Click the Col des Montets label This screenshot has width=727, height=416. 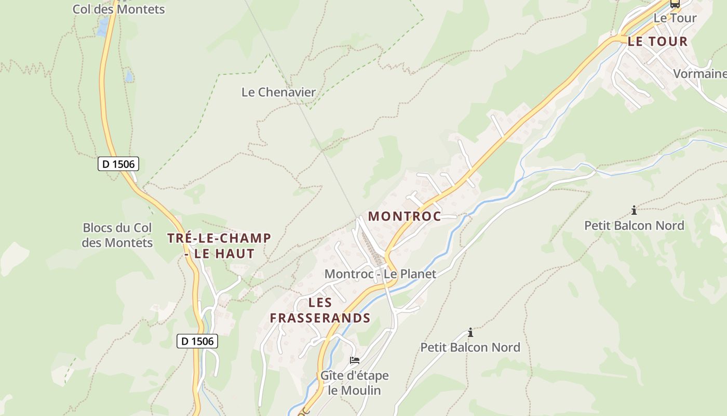point(118,9)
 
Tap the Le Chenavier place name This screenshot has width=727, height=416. point(278,92)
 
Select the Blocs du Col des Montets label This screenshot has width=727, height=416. point(117,235)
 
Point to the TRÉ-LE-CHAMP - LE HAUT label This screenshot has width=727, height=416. point(219,246)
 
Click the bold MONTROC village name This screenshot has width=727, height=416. point(405,216)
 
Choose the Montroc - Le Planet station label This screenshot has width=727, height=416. point(380,274)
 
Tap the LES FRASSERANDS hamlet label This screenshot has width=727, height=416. point(320,310)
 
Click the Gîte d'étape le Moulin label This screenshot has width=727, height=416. point(355,383)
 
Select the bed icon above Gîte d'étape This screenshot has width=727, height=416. point(355,360)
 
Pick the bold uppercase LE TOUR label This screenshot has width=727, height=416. point(657,42)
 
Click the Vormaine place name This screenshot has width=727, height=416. point(699,74)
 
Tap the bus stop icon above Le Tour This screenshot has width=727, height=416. point(675,4)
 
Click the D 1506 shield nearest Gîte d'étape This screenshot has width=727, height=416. point(197,341)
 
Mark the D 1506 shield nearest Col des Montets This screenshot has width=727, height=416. point(118,164)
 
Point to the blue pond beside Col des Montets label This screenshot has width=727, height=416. point(103,27)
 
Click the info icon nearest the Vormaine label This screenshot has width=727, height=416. point(634,211)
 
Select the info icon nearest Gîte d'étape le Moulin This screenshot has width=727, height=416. point(470,332)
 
